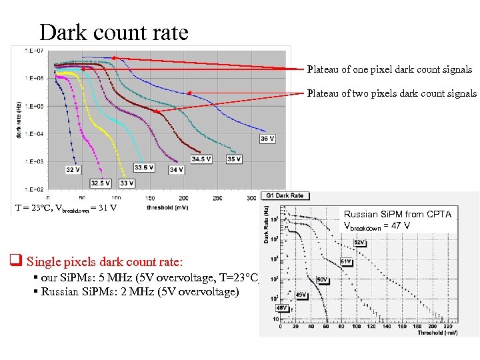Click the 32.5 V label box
(100, 183)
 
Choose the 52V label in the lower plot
(359, 242)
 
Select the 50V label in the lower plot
(321, 279)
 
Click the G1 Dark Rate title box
(285, 195)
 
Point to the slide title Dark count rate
(113, 31)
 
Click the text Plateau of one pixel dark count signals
(389, 69)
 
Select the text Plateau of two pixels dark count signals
(391, 93)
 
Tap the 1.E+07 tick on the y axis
(35, 51)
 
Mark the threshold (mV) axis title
(167, 207)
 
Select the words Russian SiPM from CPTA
(397, 214)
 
